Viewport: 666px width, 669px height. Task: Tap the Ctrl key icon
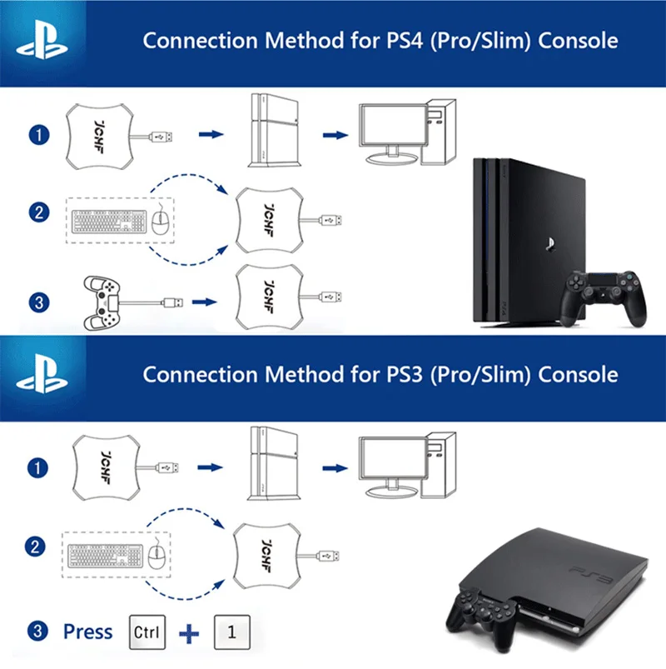point(148,631)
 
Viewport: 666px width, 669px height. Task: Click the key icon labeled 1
point(233,631)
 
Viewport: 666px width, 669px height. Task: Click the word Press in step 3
point(87,632)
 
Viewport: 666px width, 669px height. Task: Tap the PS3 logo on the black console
point(590,573)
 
